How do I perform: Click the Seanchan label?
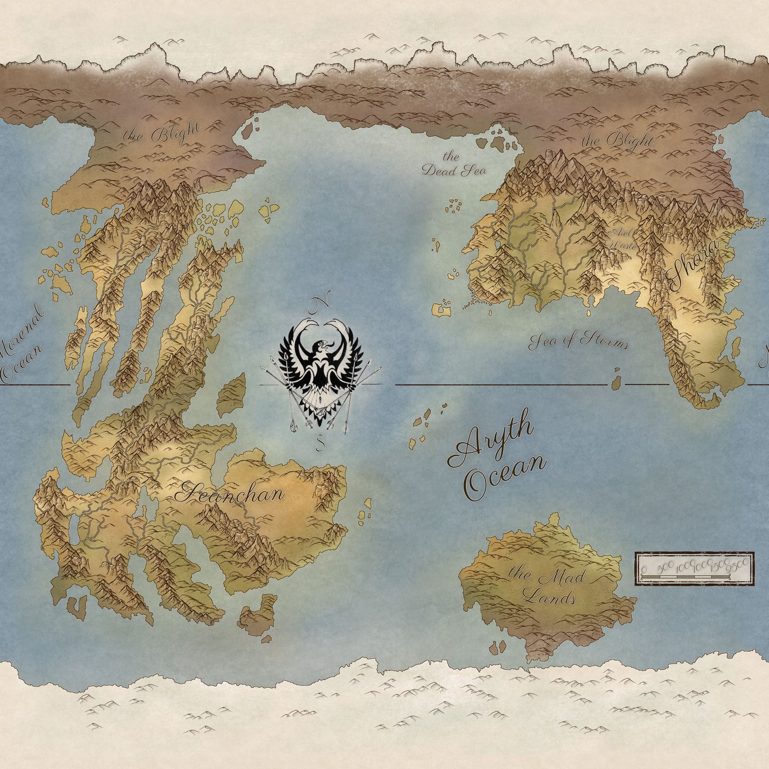(230, 493)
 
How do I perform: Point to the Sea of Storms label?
(578, 341)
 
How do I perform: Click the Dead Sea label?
(454, 165)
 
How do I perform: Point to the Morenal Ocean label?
(22, 343)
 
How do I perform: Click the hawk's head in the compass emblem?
(321, 347)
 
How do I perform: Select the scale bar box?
(694, 569)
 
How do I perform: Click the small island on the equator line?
(616, 380)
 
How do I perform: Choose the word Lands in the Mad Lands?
(549, 597)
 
